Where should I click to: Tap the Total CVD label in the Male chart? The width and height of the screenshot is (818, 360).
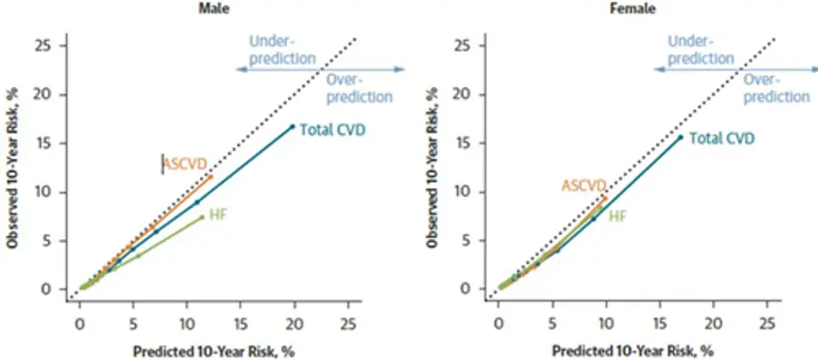pos(333,129)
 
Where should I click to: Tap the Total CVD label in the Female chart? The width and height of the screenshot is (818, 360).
pos(722,138)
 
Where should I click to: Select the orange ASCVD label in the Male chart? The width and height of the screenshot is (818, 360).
pos(185,165)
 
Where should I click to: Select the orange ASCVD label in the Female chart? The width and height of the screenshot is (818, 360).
pos(584,185)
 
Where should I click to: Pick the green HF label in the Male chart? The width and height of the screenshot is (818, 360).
pos(217,214)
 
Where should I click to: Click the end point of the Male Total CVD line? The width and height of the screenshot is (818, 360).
pos(293,126)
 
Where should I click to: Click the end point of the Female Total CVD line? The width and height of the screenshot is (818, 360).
pos(680,137)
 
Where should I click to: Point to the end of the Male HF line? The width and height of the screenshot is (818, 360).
pos(203,217)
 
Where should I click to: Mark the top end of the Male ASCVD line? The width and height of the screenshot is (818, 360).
pos(211,176)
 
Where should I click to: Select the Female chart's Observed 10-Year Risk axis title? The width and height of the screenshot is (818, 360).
pos(433,167)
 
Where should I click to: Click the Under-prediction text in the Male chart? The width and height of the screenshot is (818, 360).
pos(283,50)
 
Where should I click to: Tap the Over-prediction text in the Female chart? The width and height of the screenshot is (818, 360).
pos(776,87)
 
